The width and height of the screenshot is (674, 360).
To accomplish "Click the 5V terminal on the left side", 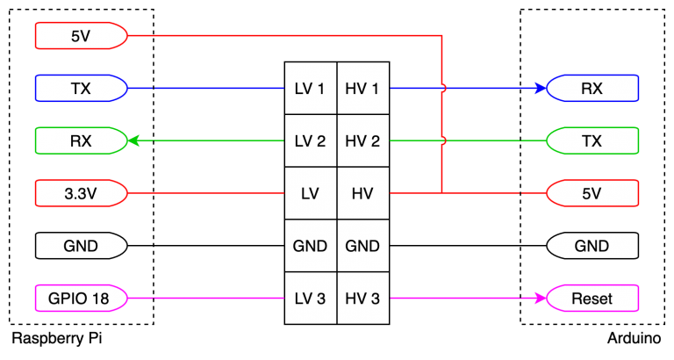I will (x=81, y=36).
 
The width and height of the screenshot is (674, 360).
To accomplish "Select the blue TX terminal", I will (x=81, y=88).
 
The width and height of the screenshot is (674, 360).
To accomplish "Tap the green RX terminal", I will (x=81, y=140).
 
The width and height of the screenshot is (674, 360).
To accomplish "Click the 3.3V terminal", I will (x=81, y=193).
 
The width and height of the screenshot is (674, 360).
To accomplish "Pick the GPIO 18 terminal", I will (x=81, y=299).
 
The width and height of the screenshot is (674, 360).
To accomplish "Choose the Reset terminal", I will (x=592, y=299).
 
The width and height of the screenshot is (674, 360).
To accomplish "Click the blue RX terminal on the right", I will (x=592, y=88).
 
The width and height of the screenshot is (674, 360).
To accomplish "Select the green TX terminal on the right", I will (x=592, y=140).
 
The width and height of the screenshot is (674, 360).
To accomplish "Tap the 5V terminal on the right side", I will (x=592, y=193).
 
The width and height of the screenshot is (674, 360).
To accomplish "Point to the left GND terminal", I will (x=81, y=246).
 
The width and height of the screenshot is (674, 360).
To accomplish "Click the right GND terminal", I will (x=592, y=246).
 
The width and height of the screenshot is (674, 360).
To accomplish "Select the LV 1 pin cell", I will (x=310, y=88).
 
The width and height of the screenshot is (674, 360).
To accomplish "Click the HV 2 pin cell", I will (x=362, y=140).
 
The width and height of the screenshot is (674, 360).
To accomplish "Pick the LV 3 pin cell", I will (x=310, y=299).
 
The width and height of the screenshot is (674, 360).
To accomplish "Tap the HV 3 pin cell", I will (x=362, y=299).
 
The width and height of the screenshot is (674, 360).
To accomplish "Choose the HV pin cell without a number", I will (x=362, y=193).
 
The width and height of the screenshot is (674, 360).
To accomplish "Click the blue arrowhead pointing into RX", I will (x=540, y=88).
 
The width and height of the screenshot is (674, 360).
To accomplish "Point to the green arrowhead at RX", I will (x=134, y=140).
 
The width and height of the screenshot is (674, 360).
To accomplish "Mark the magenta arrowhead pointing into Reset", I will (x=540, y=299).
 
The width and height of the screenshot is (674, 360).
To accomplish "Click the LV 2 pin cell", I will (x=310, y=140).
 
